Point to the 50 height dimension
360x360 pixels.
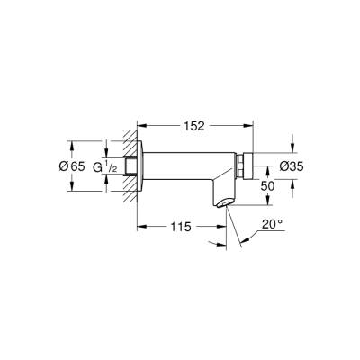tap(267, 184)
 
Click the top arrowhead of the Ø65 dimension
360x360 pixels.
tap(71, 142)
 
